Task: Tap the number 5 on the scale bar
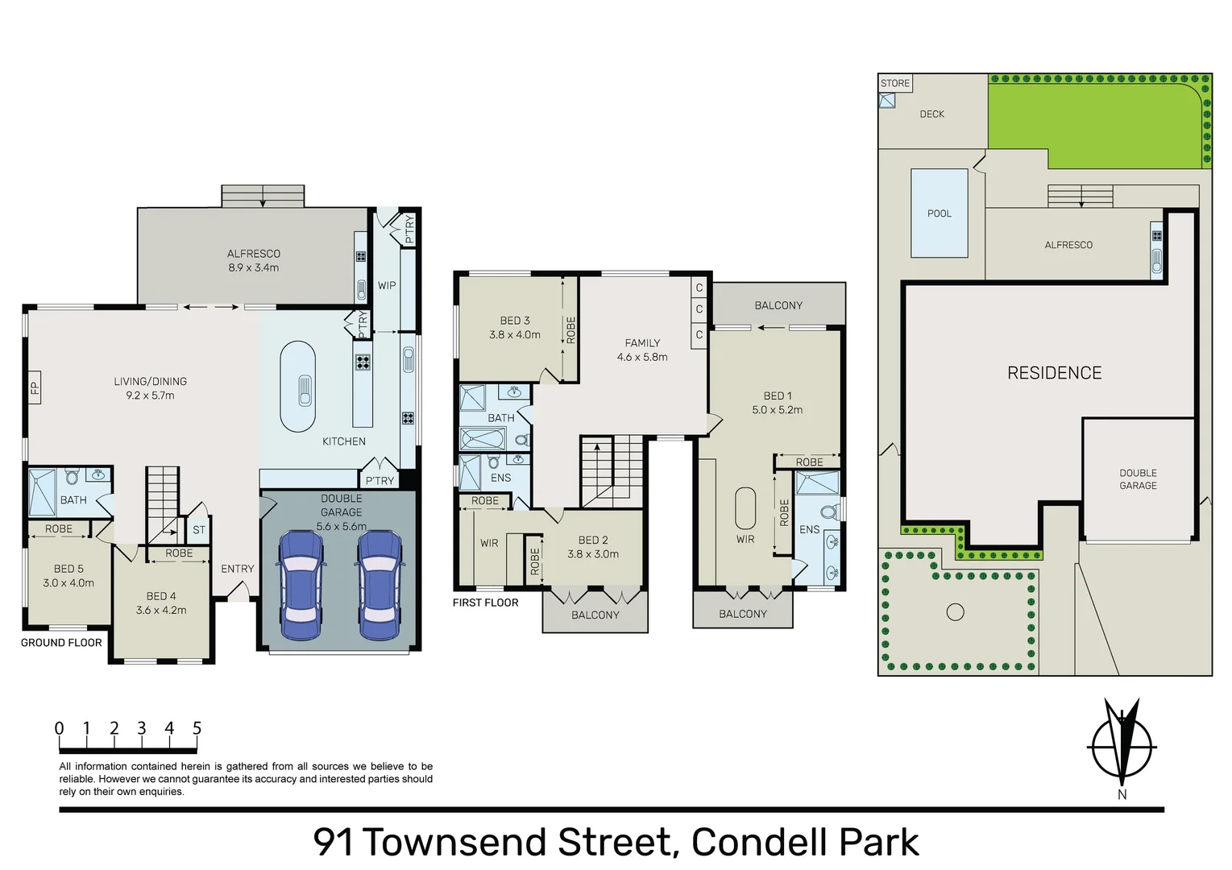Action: [x=197, y=728]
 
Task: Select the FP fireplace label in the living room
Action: [x=35, y=387]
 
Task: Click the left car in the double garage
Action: [x=301, y=585]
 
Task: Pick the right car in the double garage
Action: [x=380, y=585]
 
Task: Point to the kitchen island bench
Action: [x=297, y=387]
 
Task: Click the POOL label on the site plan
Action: [x=940, y=213]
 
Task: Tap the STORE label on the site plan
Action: [x=895, y=83]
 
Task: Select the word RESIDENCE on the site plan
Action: [x=1055, y=373]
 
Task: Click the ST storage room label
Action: [x=199, y=529]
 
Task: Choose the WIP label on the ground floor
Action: [x=387, y=285]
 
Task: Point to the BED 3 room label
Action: [x=515, y=321]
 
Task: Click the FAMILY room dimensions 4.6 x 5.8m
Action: [x=642, y=357]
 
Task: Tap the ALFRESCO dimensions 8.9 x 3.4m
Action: [x=254, y=267]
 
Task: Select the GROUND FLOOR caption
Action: [x=61, y=642]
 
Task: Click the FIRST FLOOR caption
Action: [x=486, y=603]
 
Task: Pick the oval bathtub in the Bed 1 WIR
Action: [x=745, y=508]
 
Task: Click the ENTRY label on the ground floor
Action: [x=238, y=569]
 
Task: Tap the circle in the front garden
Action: [x=956, y=612]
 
